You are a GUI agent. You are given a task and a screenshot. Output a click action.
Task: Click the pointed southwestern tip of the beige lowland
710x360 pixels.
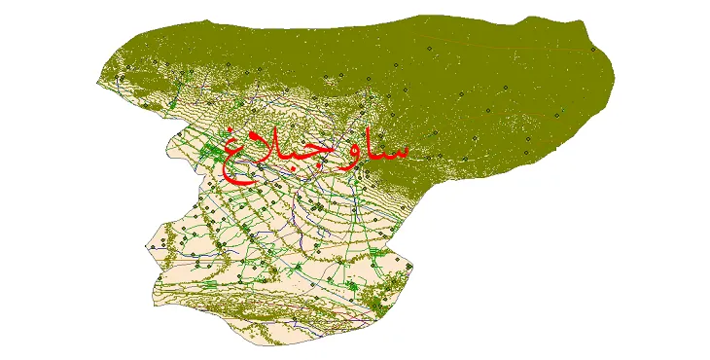coord(148,247)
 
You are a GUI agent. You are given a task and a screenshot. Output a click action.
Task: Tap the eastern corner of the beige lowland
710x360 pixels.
coord(418,265)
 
